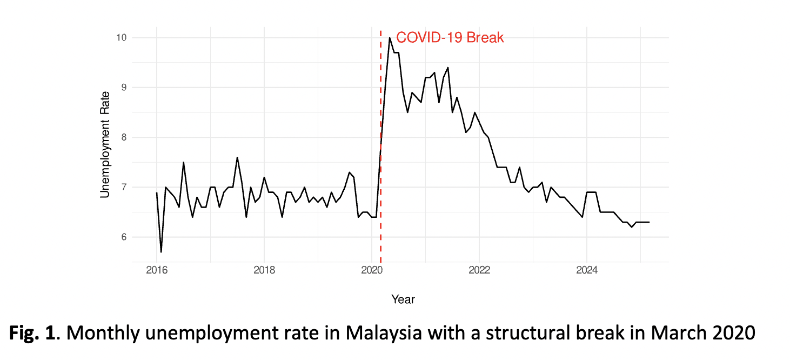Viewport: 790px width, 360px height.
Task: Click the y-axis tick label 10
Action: point(120,38)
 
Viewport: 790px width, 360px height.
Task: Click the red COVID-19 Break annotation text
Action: point(450,38)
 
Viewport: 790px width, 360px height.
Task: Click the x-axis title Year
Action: point(403,299)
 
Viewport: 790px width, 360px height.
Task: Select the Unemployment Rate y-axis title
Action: point(105,144)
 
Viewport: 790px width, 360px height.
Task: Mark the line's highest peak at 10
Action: point(390,38)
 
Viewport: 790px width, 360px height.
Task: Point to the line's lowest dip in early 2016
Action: point(161,252)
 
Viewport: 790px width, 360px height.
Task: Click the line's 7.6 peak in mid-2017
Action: point(237,157)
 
